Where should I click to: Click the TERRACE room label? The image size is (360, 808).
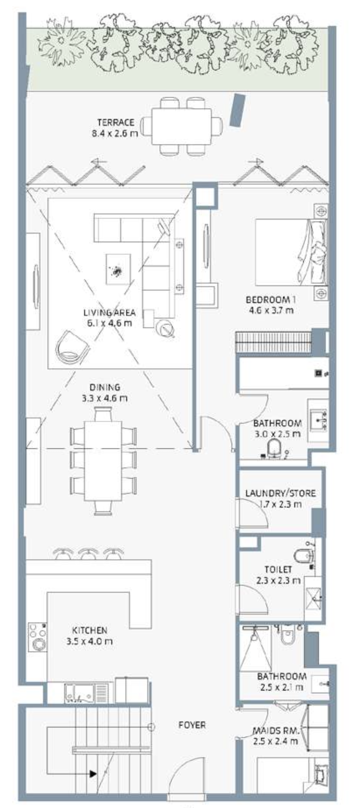click(116, 123)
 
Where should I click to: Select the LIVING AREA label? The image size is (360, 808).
click(109, 313)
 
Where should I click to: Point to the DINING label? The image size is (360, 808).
click(105, 387)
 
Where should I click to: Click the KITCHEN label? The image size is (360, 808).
click(90, 630)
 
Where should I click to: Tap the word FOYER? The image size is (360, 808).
click(192, 725)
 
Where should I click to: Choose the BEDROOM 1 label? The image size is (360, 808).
click(271, 300)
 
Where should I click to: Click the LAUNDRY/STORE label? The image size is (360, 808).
click(280, 493)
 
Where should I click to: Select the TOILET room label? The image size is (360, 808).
click(278, 570)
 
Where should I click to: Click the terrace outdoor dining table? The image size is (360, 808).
click(182, 126)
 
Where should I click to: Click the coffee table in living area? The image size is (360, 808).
click(118, 269)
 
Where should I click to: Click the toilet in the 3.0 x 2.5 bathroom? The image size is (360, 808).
click(275, 448)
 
